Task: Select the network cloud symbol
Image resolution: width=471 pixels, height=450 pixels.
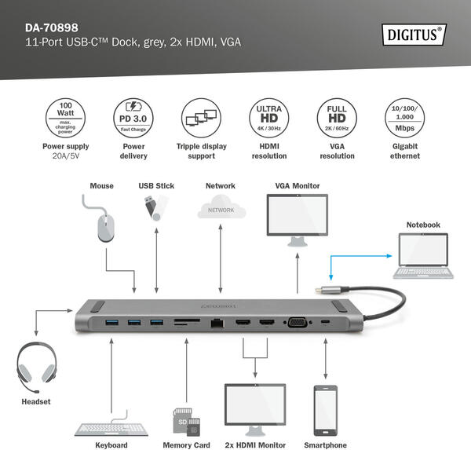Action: tap(221, 209)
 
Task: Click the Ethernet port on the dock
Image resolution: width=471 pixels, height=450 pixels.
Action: tap(217, 322)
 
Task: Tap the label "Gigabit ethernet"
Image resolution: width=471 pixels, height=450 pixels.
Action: tap(404, 151)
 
